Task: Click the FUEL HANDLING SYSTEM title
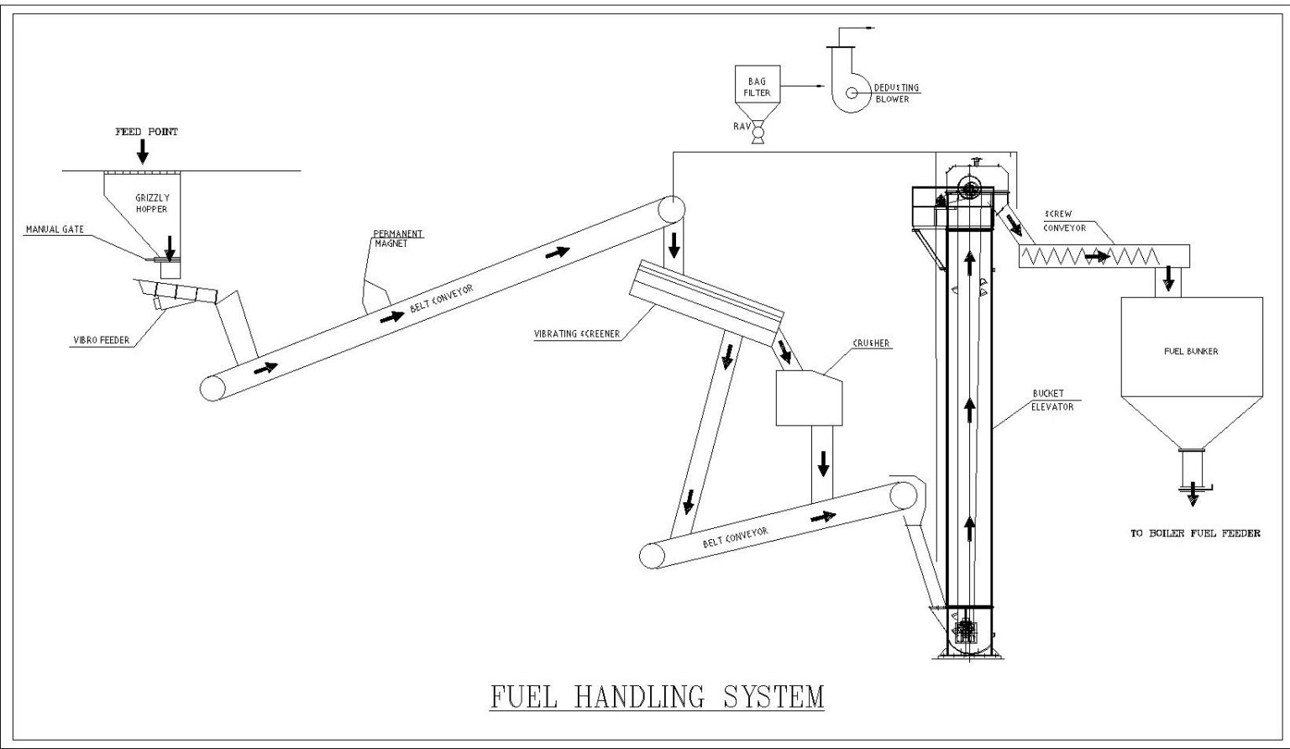pos(657,696)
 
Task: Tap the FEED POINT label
pos(146,132)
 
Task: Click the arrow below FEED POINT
pos(143,152)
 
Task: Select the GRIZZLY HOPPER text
pos(152,202)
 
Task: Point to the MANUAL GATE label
pos(55,229)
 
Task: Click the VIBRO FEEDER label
pos(101,340)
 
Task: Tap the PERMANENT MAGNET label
pos(398,238)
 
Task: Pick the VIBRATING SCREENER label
pos(576,334)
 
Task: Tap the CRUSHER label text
pos(871,343)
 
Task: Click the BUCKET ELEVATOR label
pos(1048,400)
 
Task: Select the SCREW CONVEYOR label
pos(1064,221)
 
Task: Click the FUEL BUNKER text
pos(1190,351)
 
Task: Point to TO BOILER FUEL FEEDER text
pos(1194,533)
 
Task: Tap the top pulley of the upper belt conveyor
pos(670,209)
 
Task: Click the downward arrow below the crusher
pos(823,462)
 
